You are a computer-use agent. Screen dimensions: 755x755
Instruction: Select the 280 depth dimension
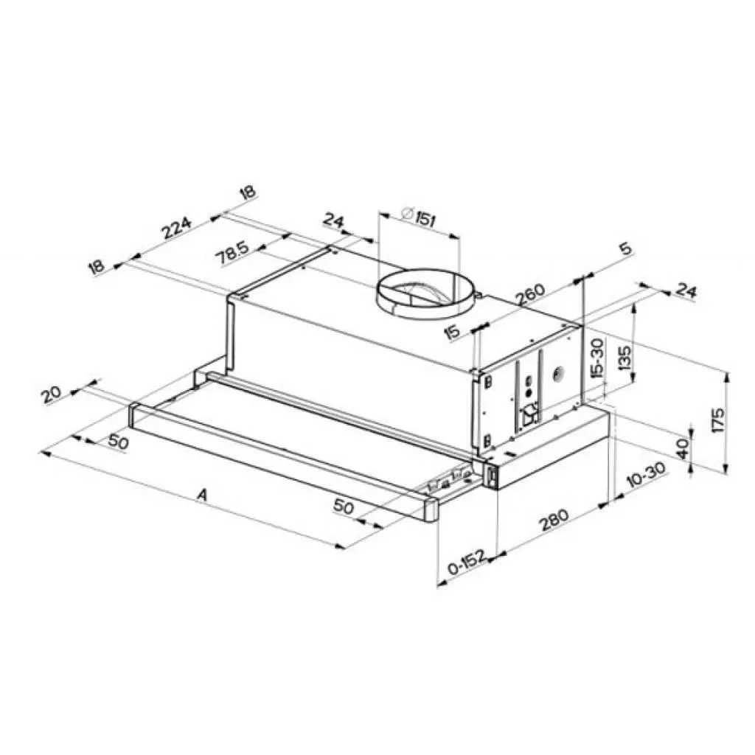[x=553, y=519]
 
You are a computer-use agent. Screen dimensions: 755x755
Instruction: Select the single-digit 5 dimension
[x=625, y=249]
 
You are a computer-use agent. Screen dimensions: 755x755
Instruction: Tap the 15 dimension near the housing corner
[x=453, y=332]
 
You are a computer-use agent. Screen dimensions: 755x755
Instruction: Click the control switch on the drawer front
[x=490, y=476]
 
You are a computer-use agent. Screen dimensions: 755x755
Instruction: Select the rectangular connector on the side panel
[x=529, y=418]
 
